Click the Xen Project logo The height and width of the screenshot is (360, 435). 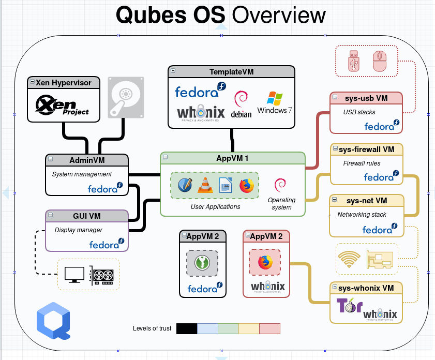tap(62, 105)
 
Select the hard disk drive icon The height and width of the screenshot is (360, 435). tap(126, 96)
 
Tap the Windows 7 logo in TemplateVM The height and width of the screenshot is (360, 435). tap(275, 103)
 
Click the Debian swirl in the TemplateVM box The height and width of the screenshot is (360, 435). tap(241, 99)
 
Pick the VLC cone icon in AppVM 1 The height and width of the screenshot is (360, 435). tap(206, 185)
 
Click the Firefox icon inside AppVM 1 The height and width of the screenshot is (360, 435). tap(247, 185)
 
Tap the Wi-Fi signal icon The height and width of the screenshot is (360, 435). tap(349, 258)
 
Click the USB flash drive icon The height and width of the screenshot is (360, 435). tap(354, 61)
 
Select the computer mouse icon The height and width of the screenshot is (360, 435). tap(380, 61)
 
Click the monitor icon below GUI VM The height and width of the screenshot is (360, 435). tap(74, 275)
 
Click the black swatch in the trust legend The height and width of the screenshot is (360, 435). tap(187, 328)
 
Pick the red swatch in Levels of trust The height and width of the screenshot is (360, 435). tap(269, 328)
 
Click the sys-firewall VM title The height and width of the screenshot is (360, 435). tap(367, 150)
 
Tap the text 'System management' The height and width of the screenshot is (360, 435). tap(82, 174)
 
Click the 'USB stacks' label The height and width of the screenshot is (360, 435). tap(359, 112)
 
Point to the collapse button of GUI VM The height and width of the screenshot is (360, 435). tap(51, 215)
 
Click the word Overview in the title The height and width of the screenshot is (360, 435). tap(279, 15)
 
